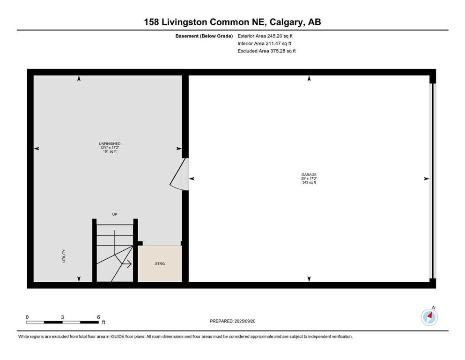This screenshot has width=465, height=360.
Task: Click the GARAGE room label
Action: coord(309,175)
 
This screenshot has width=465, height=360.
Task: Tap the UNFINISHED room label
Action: coord(110,143)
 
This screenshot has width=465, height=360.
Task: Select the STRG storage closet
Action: coord(160,263)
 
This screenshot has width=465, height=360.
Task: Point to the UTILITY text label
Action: coord(64,256)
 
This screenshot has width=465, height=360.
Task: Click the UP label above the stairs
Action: coord(115,214)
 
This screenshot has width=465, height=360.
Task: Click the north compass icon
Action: coord(429,317)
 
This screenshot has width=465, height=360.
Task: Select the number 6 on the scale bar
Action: coord(98,317)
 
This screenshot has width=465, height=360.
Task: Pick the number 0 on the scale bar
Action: coord(27,317)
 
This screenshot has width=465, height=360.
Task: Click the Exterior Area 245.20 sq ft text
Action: coord(265,36)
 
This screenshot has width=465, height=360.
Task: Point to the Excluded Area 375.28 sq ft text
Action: coord(266,51)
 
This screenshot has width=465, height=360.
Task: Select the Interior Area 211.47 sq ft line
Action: coord(264,43)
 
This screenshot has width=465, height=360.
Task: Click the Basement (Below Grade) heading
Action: coord(204,36)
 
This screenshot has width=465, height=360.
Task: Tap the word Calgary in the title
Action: coord(287,22)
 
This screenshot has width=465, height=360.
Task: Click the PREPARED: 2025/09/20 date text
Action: coord(232,321)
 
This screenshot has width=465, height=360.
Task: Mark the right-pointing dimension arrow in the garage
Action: coord(427,179)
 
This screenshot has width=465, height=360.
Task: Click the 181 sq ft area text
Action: coord(110,151)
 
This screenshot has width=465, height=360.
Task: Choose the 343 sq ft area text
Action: coord(309,182)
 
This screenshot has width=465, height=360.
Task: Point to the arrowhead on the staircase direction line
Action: coord(129,263)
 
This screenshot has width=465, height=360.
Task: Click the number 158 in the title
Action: coord(151,22)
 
